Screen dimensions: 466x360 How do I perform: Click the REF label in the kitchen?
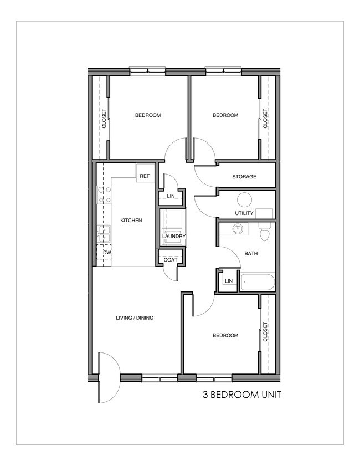pos(145,176)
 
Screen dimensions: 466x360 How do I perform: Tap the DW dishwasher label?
pos(107,253)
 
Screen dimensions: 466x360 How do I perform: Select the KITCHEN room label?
pos(131,221)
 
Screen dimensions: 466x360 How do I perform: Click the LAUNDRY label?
pos(173,237)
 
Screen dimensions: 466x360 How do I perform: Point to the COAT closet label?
pos(171,259)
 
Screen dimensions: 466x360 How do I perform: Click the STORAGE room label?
pos(244,177)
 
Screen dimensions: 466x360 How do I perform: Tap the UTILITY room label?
pos(244,213)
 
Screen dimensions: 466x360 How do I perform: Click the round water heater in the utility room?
pos(244,200)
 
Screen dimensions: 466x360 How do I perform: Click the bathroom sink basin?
pos(238,228)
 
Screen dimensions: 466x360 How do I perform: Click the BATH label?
pos(251,254)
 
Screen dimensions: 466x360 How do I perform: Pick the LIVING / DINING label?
pos(135,318)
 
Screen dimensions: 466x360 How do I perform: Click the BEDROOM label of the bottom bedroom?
pos(225,335)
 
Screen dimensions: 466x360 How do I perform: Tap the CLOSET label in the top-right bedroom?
pos(265,119)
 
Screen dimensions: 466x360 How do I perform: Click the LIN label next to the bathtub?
pos(228,281)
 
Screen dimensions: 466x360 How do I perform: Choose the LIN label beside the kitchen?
pos(171,196)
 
